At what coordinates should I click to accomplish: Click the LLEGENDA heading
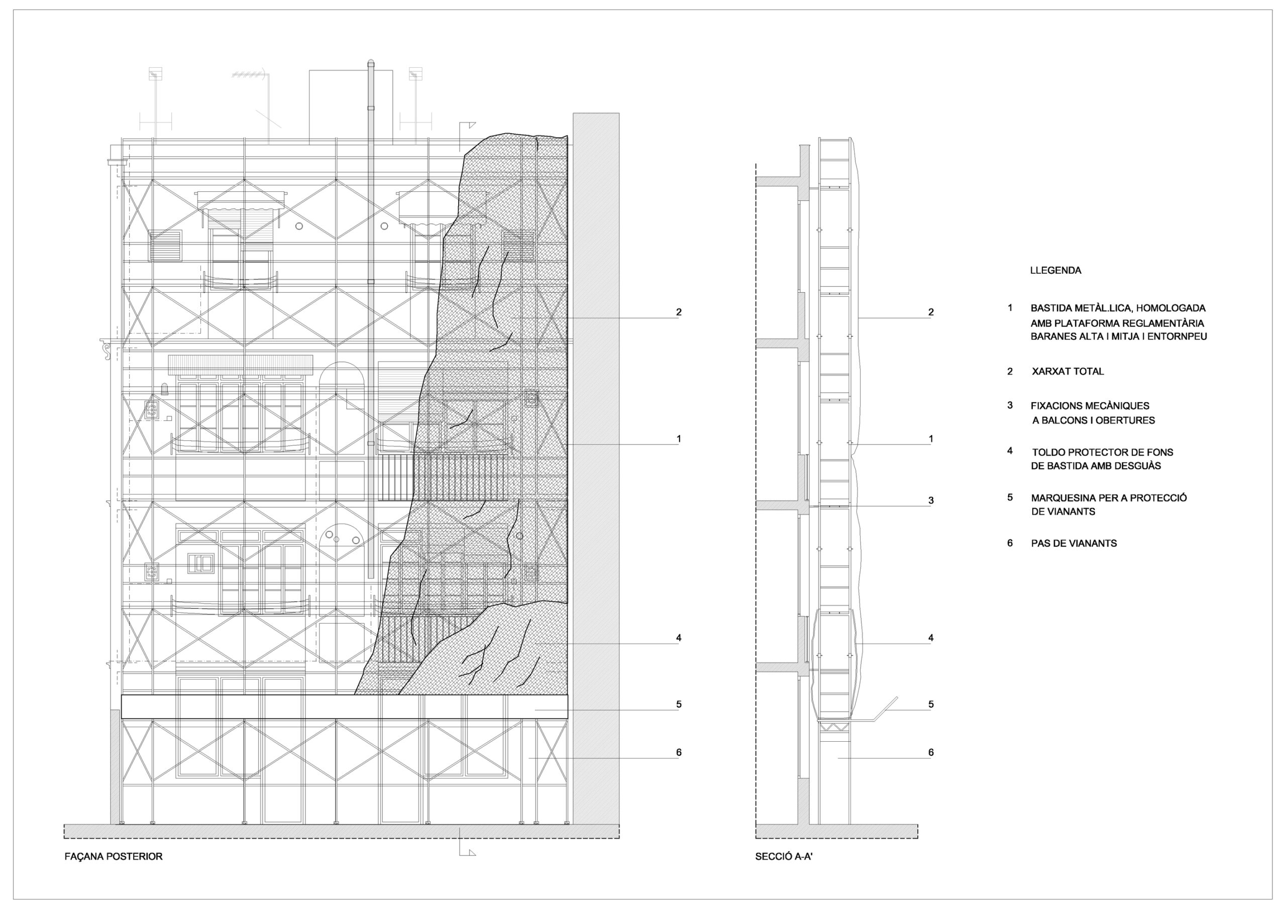click(x=1055, y=271)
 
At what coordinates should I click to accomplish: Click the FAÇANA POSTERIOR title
click(x=114, y=856)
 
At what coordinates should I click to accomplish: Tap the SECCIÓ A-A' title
click(x=784, y=856)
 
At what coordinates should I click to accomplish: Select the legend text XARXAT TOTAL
click(x=1067, y=371)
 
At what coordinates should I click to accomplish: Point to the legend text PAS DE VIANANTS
click(x=1074, y=543)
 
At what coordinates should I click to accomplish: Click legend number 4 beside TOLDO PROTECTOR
click(x=1010, y=451)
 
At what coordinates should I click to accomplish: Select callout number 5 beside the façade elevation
click(x=679, y=705)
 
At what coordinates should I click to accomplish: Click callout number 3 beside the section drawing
click(x=931, y=501)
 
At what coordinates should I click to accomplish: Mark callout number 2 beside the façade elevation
click(x=679, y=312)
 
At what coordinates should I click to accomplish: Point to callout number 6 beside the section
click(x=931, y=753)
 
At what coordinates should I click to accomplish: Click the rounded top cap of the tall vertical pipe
click(x=370, y=62)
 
